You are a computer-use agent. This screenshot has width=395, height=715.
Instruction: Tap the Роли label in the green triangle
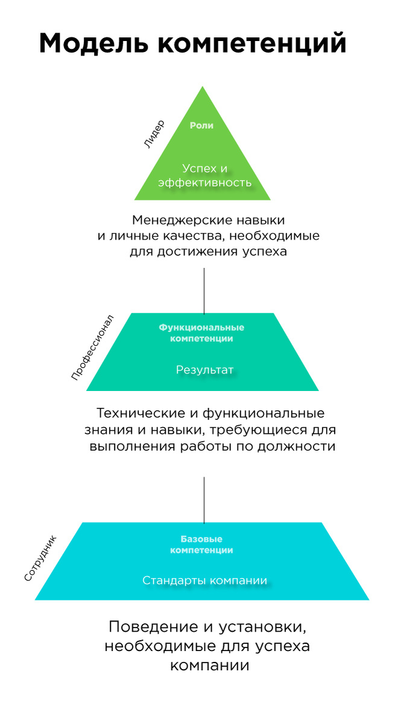pos(202,126)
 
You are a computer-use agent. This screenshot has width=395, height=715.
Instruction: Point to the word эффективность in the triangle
pos(204,182)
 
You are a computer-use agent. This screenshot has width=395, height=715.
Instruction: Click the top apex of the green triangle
pos(202,88)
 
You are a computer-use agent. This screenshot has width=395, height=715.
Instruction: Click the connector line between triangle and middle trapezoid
pos(204,290)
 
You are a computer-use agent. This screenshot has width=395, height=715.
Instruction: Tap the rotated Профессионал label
pos(92,346)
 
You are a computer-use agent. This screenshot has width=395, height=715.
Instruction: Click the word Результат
pos(204,370)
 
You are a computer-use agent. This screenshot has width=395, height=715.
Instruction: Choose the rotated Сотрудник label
pos(40,558)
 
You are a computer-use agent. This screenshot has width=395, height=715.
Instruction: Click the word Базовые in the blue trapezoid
pos(201,539)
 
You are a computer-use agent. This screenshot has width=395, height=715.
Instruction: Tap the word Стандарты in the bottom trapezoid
pos(174,581)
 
